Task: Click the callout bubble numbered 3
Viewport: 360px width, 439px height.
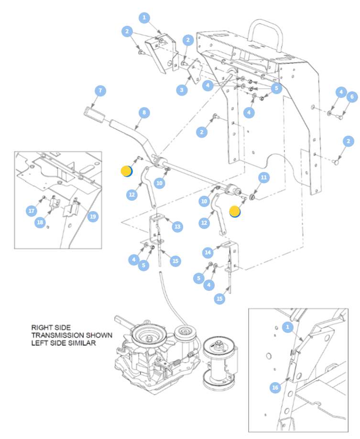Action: pyautogui.click(x=182, y=90)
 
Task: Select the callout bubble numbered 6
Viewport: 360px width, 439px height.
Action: pyautogui.click(x=352, y=97)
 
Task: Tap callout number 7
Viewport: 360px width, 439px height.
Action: pyautogui.click(x=100, y=91)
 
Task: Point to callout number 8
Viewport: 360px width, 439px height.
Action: pyautogui.click(x=144, y=113)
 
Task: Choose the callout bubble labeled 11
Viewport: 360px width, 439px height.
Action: pyautogui.click(x=263, y=178)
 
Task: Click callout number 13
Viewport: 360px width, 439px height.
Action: pyautogui.click(x=177, y=226)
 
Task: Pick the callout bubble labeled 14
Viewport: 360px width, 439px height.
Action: pyautogui.click(x=207, y=253)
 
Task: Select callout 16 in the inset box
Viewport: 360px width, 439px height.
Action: pyautogui.click(x=275, y=387)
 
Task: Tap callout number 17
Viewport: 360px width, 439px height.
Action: pyautogui.click(x=32, y=211)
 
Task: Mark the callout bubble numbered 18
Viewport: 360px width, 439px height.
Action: pyautogui.click(x=40, y=222)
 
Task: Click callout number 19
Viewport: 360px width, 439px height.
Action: pyautogui.click(x=93, y=216)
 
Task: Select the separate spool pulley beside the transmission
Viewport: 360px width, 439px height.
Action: pyautogui.click(x=219, y=364)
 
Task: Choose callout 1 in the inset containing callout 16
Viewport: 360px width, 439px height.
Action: pyautogui.click(x=287, y=327)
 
